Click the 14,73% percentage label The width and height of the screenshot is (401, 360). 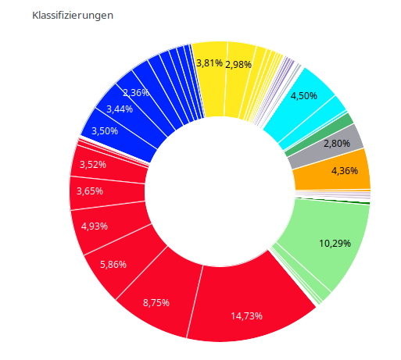246,316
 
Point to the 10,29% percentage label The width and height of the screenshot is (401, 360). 335,243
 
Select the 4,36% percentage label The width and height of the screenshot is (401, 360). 345,171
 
